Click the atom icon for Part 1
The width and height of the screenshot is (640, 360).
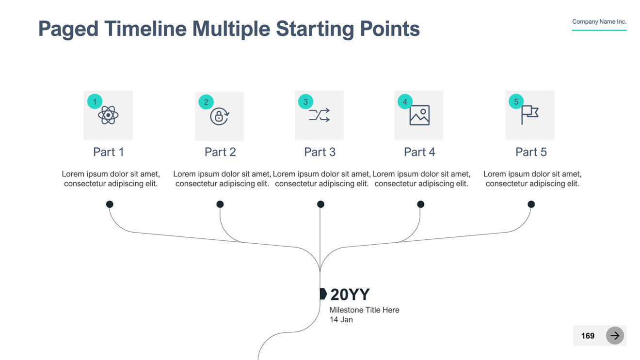[108, 115]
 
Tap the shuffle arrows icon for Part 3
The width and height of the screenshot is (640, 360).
[319, 115]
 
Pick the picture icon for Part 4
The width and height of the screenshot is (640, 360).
[419, 115]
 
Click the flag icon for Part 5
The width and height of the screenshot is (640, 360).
[530, 115]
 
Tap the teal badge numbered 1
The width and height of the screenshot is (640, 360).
[95, 101]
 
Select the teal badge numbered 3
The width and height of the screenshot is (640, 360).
[305, 101]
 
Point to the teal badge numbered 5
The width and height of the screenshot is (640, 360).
[516, 101]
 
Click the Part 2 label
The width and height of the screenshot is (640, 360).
[220, 152]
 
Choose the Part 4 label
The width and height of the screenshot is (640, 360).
[419, 152]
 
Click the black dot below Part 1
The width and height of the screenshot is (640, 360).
[110, 204]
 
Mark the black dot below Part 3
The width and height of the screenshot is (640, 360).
[320, 204]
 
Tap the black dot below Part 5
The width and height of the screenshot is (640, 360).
[531, 204]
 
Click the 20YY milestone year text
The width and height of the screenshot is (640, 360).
[350, 294]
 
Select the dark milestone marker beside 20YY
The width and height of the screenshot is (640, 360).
[323, 294]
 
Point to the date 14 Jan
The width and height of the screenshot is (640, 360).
[341, 319]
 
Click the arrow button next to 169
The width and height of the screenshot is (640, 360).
[615, 335]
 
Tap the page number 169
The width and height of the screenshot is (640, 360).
[588, 336]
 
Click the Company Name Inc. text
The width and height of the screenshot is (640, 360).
[599, 22]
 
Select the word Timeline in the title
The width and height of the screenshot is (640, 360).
[146, 29]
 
